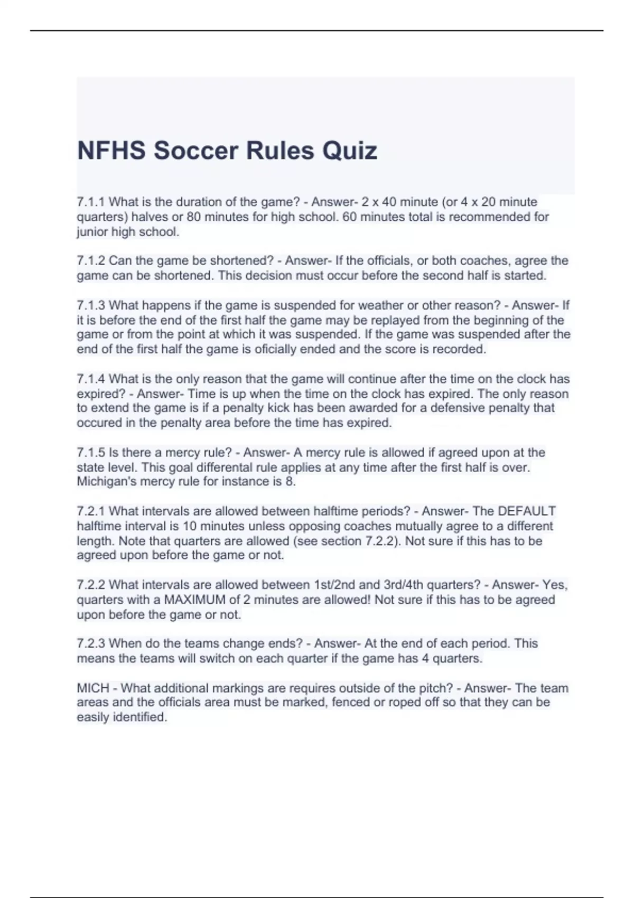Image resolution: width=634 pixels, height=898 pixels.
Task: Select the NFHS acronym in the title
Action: pos(111,151)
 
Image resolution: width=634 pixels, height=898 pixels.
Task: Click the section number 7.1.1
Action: pos(91,202)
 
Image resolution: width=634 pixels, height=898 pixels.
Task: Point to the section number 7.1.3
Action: pos(91,305)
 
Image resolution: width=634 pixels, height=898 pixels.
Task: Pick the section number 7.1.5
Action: pos(91,453)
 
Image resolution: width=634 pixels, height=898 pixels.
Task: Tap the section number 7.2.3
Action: pos(91,643)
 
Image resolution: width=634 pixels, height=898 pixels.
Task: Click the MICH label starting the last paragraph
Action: pos(93,688)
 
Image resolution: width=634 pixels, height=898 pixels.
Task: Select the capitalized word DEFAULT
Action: pos(527,511)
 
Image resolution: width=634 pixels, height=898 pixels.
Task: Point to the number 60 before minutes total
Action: pos(349,217)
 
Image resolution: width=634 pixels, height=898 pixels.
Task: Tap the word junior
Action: pos(92,232)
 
